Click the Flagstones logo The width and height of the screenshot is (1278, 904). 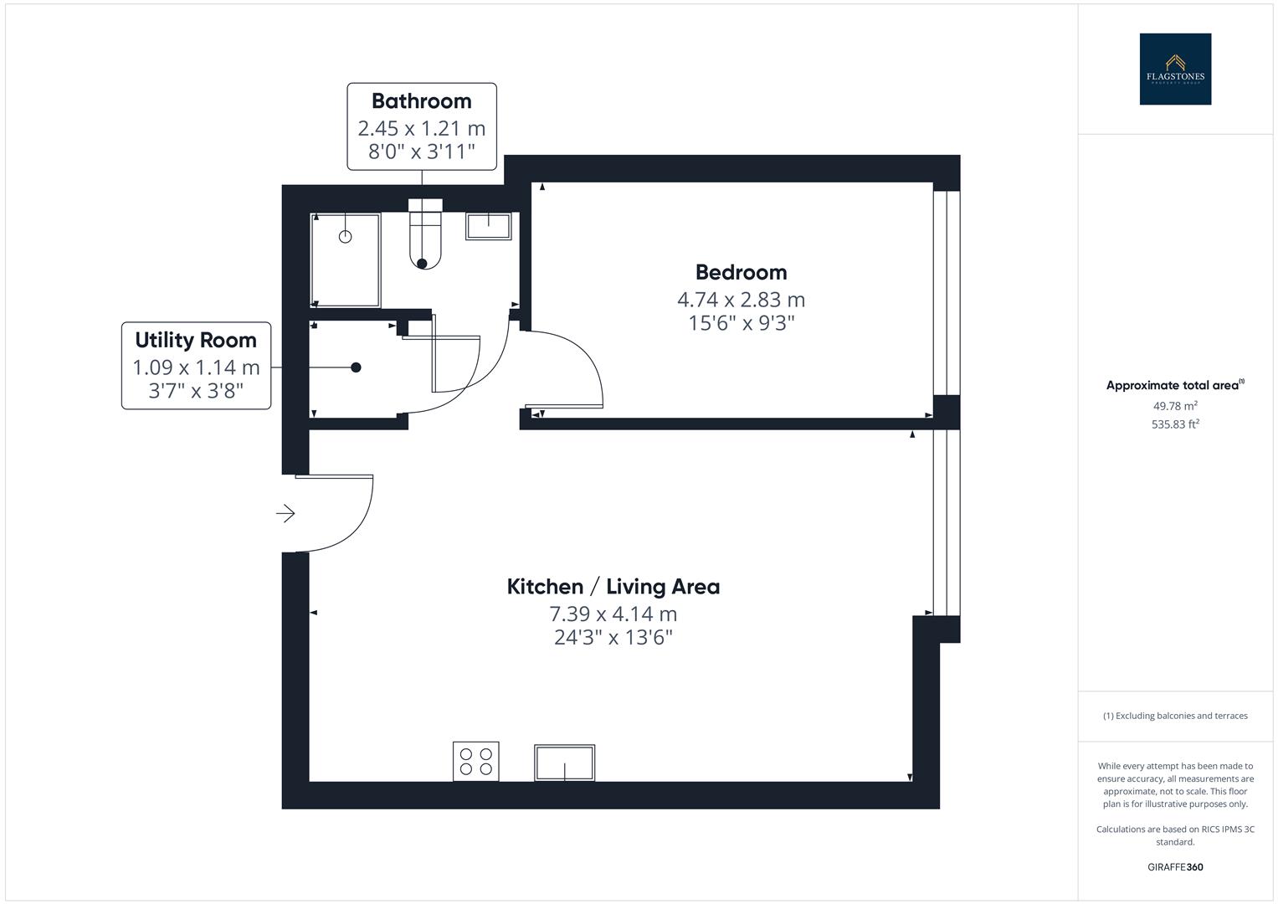(1174, 69)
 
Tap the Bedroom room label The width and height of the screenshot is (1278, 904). (741, 272)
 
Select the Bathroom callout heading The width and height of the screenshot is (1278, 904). (421, 101)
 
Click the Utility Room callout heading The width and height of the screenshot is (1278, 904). (196, 340)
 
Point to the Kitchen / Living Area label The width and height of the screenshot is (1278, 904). (613, 587)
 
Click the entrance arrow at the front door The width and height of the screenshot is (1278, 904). (285, 513)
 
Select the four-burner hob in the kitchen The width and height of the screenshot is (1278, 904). (475, 762)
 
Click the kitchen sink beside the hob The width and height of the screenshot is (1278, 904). (564, 763)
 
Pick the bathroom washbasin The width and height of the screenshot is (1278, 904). (489, 226)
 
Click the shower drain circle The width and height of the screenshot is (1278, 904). (345, 237)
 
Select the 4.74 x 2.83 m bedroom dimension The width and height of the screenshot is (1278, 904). (741, 300)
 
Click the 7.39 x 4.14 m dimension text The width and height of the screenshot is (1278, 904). (613, 614)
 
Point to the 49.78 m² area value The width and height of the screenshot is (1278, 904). (1174, 406)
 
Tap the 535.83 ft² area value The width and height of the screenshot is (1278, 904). (1174, 424)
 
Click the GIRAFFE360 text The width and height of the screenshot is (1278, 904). (1174, 867)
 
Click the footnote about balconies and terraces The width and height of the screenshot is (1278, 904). (1174, 716)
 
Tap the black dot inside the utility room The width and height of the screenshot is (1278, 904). (356, 367)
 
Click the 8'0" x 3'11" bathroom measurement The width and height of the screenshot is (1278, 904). (421, 152)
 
